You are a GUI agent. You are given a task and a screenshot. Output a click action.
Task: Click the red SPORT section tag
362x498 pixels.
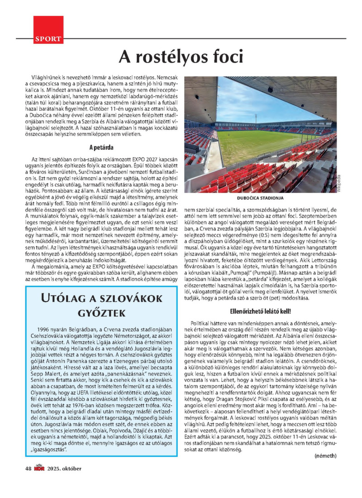coord(48,39)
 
